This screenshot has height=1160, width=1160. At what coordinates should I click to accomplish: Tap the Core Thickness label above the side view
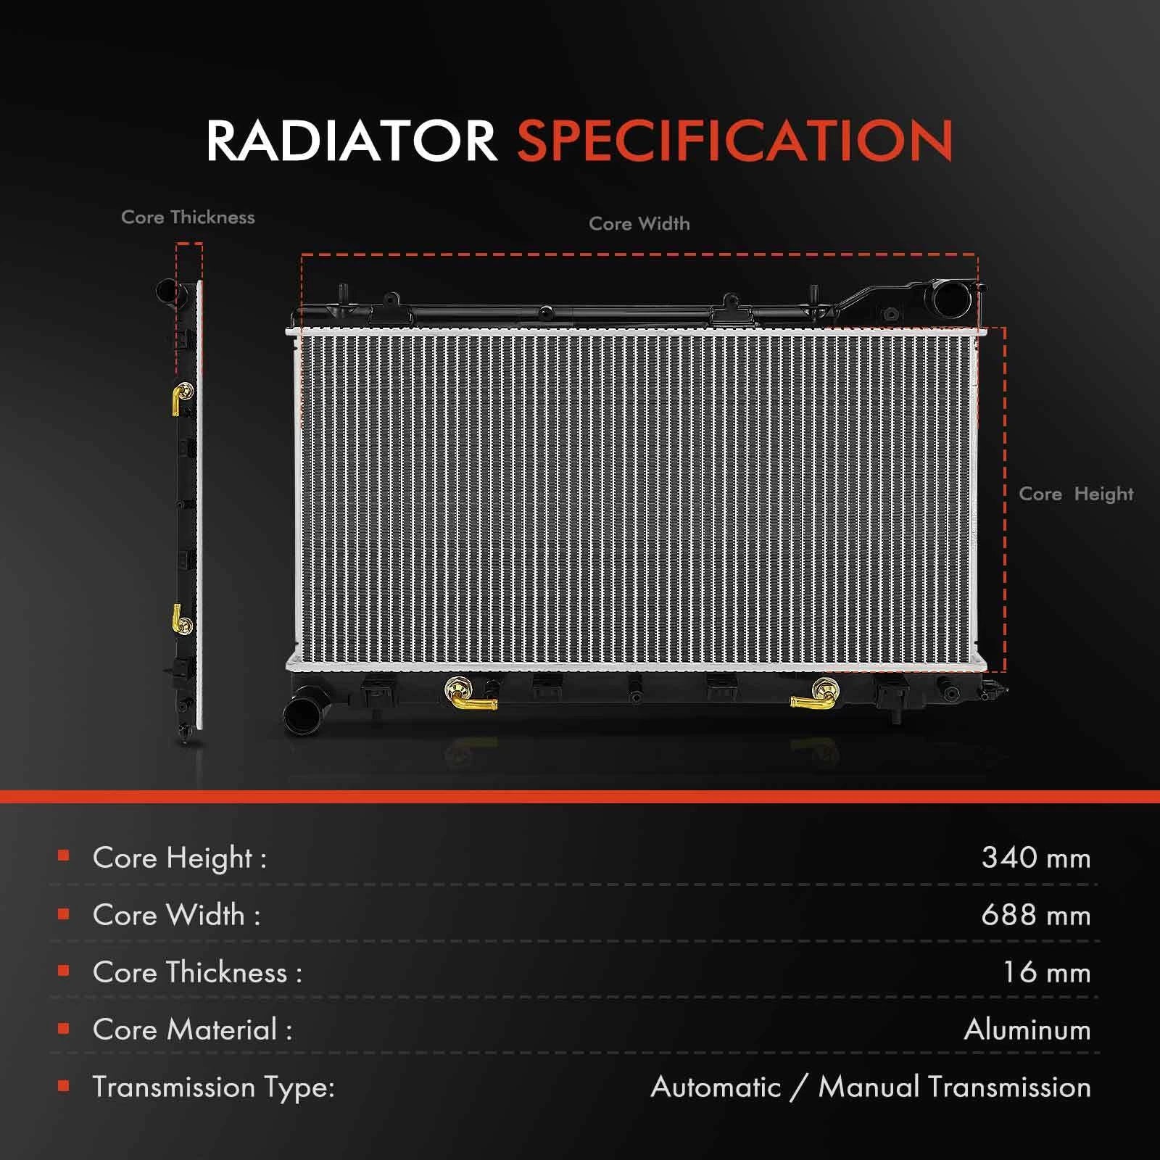188,217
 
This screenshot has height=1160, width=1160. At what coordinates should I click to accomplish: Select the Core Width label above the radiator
639,224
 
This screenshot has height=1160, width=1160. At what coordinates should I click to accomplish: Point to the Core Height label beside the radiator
1076,494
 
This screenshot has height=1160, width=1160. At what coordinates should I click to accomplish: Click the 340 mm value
1036,858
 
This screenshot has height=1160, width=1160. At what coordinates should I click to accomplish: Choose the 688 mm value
1036,915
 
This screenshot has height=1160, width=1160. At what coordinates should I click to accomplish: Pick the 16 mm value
1047,972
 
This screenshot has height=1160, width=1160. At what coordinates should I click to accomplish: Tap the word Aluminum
1027,1029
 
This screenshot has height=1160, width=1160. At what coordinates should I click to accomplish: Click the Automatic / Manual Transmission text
871,1087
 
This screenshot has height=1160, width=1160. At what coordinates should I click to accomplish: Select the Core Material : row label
192,1029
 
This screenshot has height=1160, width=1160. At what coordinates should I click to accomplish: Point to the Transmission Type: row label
213,1087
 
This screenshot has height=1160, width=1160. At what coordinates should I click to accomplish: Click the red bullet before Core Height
64,856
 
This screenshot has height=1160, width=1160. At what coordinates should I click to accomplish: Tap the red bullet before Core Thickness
64,971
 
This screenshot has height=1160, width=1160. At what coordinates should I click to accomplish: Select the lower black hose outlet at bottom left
301,714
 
